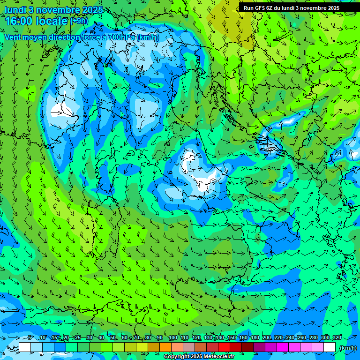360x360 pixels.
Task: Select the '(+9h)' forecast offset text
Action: (79, 21)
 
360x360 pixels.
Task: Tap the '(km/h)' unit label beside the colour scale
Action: (347, 347)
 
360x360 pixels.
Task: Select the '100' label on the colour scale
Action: (172, 337)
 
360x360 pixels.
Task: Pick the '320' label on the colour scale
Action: (337, 337)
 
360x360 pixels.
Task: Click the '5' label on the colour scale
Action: (30, 337)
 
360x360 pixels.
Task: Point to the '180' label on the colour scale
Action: (255, 337)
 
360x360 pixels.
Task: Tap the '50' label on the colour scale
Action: (113, 337)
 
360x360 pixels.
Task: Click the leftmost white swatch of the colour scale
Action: (25, 347)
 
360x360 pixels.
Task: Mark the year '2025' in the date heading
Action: (89, 10)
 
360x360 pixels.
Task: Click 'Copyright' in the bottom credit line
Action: (176, 357)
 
